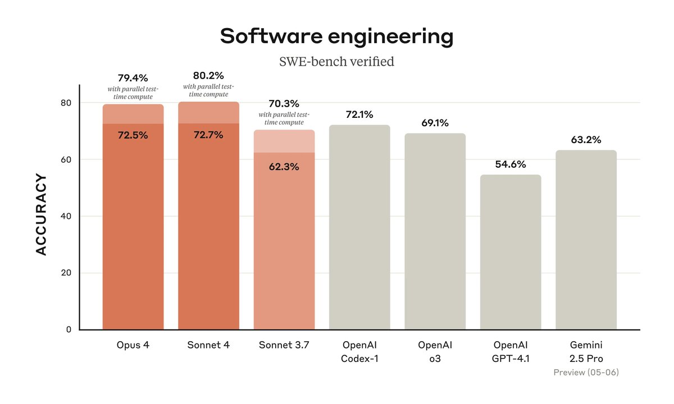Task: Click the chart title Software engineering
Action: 336,36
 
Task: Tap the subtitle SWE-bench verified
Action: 336,61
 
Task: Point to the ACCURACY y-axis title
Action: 42,215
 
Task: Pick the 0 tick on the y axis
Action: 68,329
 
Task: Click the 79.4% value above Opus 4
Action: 133,77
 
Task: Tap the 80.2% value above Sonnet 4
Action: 208,75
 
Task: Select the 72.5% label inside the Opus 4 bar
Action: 133,135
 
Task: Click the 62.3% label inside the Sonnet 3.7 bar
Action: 284,167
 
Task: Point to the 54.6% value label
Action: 510,164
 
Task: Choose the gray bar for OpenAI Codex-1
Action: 359,230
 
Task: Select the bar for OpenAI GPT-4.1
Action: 510,252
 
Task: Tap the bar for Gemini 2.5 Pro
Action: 586,241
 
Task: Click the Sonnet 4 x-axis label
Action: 208,345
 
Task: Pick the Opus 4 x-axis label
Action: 133,345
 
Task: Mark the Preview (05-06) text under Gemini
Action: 586,372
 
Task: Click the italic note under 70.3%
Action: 284,118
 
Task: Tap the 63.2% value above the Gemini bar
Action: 586,140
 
